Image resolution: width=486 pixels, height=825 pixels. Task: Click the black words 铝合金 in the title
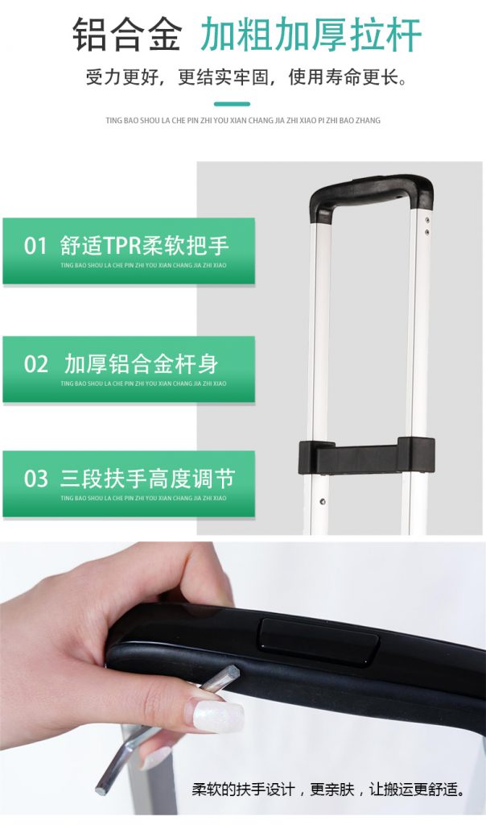tap(127, 35)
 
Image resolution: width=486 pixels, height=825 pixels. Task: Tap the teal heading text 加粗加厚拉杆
tap(311, 35)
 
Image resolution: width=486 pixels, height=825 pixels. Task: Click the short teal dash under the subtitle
tap(233, 104)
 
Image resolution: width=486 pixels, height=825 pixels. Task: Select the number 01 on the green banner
tap(35, 246)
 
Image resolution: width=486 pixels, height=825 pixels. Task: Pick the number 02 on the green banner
tap(35, 364)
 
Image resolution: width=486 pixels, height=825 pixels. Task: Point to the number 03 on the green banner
tap(35, 479)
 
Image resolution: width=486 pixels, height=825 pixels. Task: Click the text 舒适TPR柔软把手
tap(145, 246)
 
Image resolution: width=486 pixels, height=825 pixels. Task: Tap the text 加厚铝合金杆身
tap(141, 363)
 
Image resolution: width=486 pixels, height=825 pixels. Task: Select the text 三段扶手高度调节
tap(147, 479)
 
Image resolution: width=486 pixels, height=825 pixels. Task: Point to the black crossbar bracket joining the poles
tap(366, 456)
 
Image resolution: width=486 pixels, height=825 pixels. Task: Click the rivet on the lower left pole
tap(322, 501)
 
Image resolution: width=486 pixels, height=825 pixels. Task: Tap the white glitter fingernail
tap(217, 715)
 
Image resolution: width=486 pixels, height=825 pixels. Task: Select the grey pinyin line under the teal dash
tap(243, 121)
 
